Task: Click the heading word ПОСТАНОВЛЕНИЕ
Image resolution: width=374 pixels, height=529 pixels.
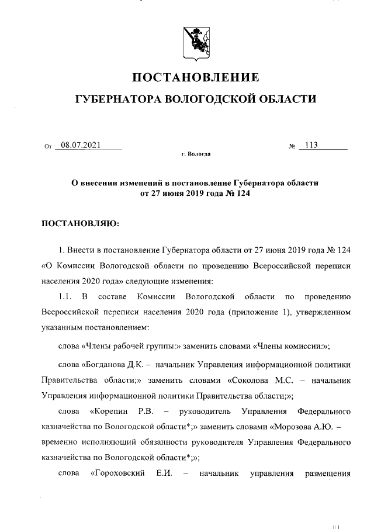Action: pyautogui.click(x=196, y=77)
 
